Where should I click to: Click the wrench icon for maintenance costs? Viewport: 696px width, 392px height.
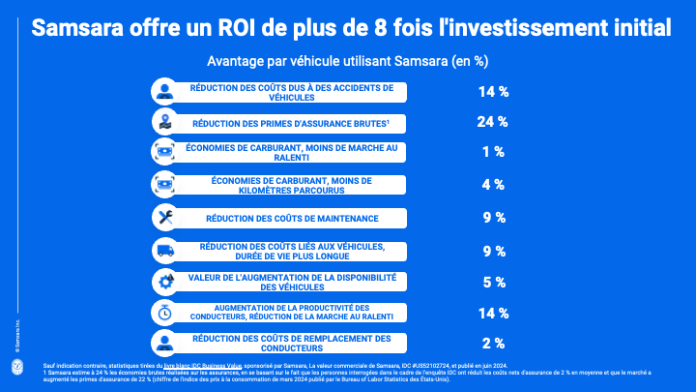tap(164, 218)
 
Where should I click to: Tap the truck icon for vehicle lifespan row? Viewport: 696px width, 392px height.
tap(164, 251)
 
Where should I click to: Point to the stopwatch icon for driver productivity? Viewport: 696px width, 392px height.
tap(164, 312)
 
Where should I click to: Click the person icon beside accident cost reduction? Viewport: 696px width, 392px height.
tap(164, 92)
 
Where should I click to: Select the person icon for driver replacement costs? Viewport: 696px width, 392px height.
tap(164, 343)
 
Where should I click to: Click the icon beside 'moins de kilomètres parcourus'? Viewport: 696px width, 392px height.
tap(164, 184)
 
